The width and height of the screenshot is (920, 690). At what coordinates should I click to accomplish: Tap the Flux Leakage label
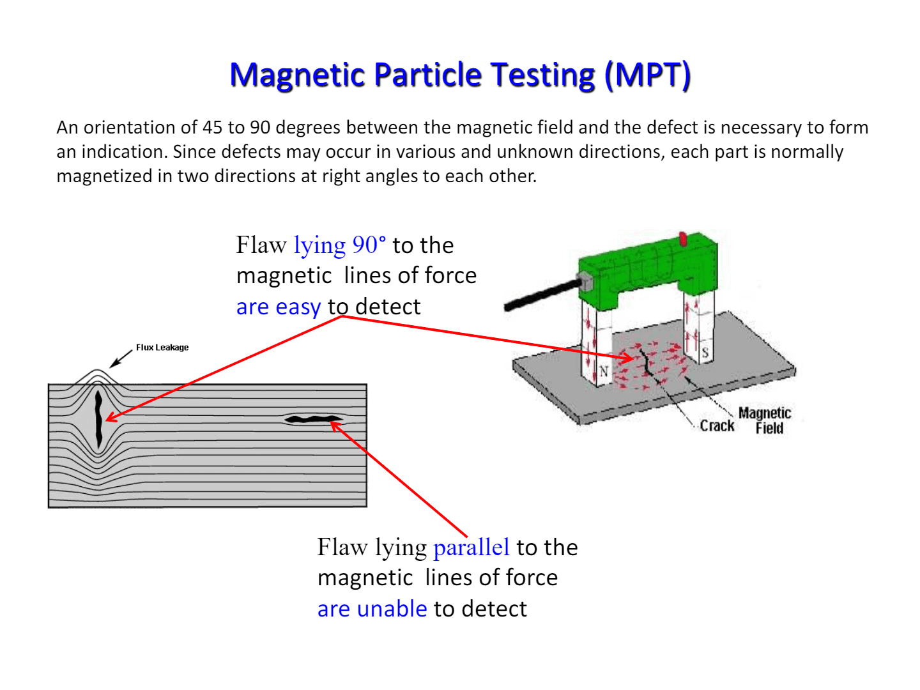point(162,348)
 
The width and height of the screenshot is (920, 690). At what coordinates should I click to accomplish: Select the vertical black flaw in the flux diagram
point(98,418)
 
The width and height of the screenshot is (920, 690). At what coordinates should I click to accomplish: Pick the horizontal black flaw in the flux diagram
point(313,419)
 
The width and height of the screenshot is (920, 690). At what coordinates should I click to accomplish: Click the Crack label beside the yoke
point(717,425)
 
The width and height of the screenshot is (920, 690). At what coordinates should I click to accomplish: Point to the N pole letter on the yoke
point(604,371)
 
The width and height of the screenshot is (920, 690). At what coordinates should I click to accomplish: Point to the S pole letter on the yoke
point(705,352)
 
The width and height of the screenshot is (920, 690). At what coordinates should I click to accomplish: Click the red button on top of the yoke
point(682,240)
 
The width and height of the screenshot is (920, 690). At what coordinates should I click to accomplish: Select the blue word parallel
point(471,548)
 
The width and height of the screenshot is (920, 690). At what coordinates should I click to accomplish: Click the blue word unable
point(392,609)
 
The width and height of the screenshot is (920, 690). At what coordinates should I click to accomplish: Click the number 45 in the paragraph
point(212,127)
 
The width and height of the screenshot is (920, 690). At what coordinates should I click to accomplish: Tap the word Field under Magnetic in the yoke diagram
point(769,428)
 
